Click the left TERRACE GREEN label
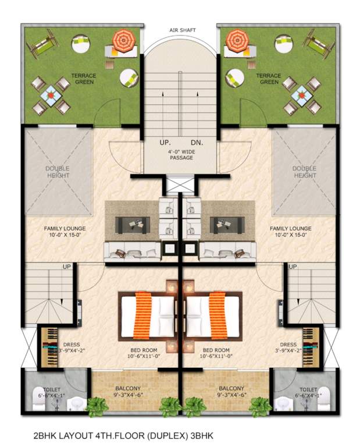pyautogui.click(x=84, y=79)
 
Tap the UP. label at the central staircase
pyautogui.click(x=165, y=142)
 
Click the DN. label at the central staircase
pyautogui.click(x=195, y=142)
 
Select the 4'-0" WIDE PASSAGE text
pyautogui.click(x=180, y=154)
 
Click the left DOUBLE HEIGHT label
pyautogui.click(x=58, y=172)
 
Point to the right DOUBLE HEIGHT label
pyautogui.click(x=304, y=172)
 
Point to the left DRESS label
pyautogui.click(x=72, y=345)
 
